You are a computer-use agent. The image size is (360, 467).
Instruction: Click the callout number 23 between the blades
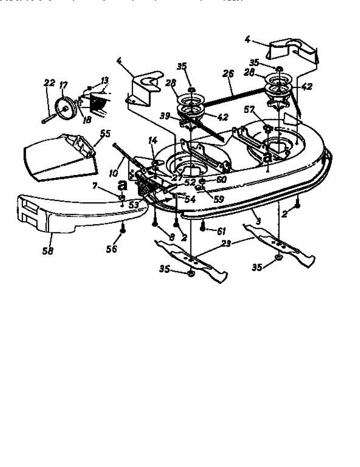tap(226, 243)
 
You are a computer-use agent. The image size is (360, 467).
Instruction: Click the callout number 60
tap(221, 180)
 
